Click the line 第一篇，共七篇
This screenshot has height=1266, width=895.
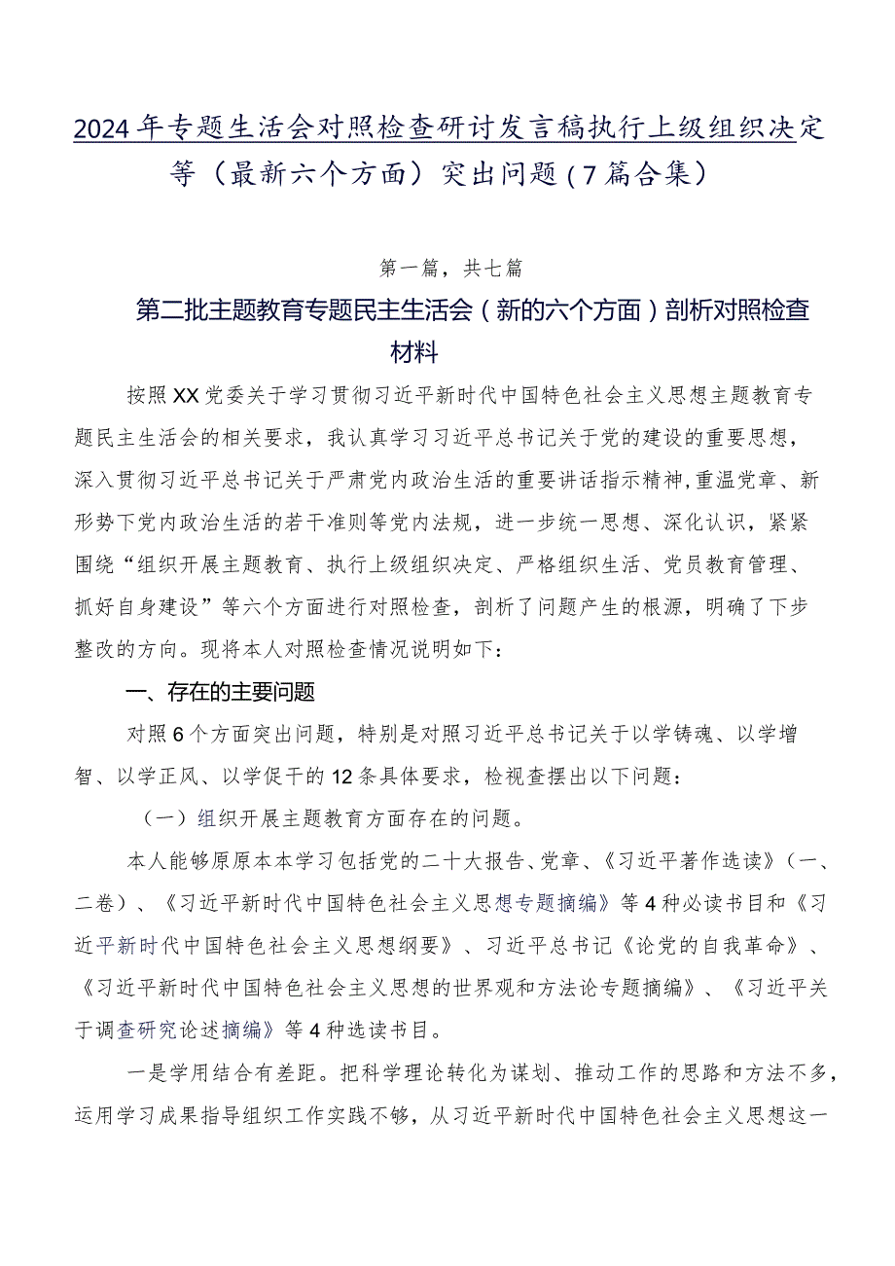pyautogui.click(x=447, y=264)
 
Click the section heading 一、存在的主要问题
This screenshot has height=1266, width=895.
pyautogui.click(x=221, y=692)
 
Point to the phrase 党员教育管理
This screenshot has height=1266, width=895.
pyautogui.click(x=739, y=564)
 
